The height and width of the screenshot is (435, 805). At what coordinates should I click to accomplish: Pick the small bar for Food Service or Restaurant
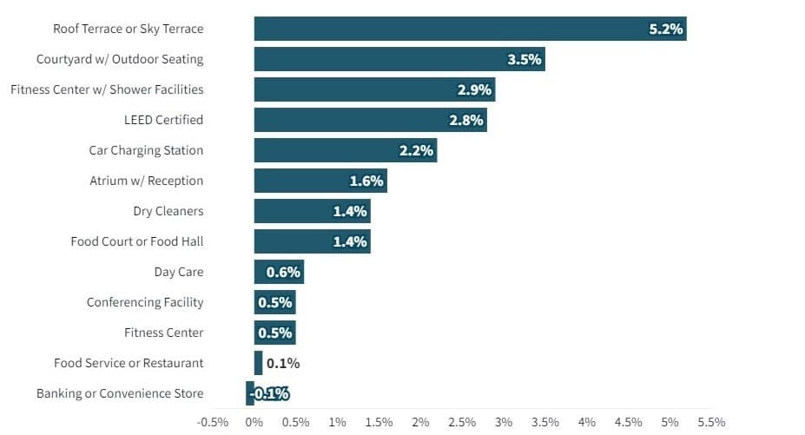258,363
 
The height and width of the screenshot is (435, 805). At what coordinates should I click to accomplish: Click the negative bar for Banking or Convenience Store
250,393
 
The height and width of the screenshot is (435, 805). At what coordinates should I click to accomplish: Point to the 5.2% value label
666,29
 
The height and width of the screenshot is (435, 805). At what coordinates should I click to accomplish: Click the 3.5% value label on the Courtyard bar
525,59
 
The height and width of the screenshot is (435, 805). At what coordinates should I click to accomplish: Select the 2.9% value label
475,89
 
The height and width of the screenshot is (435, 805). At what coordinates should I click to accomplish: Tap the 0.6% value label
283,272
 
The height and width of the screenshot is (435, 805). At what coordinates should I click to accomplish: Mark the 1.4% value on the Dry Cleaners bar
350,211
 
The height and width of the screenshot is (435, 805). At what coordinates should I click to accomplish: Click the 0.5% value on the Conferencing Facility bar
275,302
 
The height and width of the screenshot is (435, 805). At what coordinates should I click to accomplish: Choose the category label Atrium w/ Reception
146,181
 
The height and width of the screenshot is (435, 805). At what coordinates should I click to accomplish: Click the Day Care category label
179,272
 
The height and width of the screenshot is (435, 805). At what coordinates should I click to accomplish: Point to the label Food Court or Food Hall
137,241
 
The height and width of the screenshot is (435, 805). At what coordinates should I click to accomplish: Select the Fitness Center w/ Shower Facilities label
107,89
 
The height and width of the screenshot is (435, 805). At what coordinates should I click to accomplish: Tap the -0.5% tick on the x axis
213,422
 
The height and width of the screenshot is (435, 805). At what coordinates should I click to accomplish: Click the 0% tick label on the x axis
254,422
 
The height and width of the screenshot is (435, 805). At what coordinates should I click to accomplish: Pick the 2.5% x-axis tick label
462,422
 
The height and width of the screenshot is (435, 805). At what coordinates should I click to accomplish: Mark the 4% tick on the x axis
587,422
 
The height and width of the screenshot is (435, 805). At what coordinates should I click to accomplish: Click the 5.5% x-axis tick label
711,422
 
